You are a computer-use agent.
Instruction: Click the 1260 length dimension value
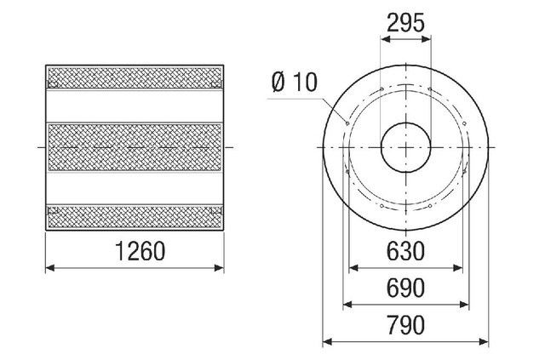point(140,251)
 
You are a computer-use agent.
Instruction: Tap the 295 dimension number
point(405,23)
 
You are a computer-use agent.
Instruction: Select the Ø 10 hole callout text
point(295,83)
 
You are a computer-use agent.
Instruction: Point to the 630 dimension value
point(405,251)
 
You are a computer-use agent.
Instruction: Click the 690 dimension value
point(405,288)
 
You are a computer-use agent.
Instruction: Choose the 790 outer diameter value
point(405,325)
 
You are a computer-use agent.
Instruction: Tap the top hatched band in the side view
point(135,77)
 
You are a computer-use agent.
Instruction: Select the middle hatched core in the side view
point(135,147)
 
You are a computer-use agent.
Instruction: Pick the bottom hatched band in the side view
point(135,217)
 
